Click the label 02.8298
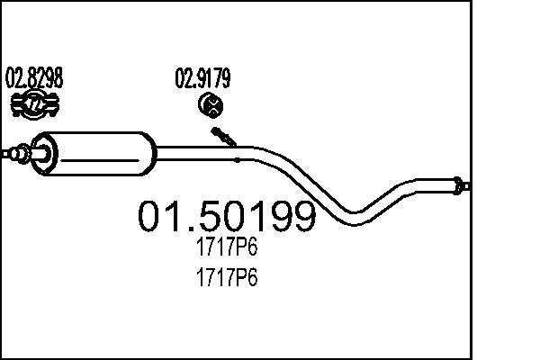click(34, 78)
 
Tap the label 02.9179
click(202, 78)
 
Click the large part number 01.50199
click(226, 216)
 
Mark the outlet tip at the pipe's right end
click(462, 186)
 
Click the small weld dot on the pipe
click(237, 160)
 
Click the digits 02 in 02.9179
click(183, 78)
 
